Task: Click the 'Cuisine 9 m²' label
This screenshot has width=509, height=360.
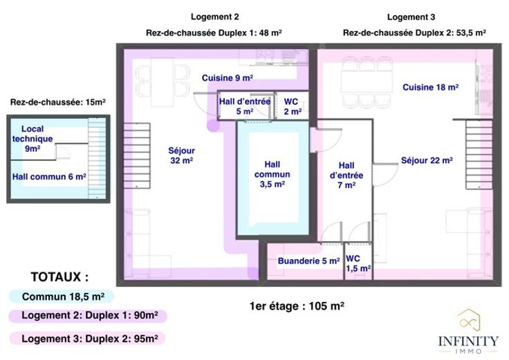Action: pos(228,78)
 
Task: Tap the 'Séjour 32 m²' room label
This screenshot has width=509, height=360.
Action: pos(181,155)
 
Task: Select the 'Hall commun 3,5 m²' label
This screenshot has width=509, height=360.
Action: pos(272,174)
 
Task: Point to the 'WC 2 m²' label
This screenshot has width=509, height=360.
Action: pos(293,106)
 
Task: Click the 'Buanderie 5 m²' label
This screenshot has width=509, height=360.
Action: pos(308,260)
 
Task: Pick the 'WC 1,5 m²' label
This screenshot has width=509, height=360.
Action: pos(358,263)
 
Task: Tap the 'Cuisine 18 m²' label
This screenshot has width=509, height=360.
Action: pos(430,87)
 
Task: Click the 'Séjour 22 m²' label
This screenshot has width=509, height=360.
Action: pos(427,160)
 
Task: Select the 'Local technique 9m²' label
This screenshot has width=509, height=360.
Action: pos(33,138)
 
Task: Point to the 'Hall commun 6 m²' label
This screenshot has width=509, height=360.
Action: pos(49,177)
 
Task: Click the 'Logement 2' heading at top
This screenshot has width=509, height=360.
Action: pos(214,17)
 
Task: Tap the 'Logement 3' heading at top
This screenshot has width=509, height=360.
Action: pos(411,17)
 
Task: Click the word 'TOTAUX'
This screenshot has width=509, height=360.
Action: pos(56,277)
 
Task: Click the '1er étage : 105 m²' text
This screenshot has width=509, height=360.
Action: pos(297,306)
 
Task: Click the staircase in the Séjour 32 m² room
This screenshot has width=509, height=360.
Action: pos(137,155)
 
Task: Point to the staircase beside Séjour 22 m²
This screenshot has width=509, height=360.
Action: pos(479,154)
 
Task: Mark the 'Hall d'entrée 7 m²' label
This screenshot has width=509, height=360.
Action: pos(346,175)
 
